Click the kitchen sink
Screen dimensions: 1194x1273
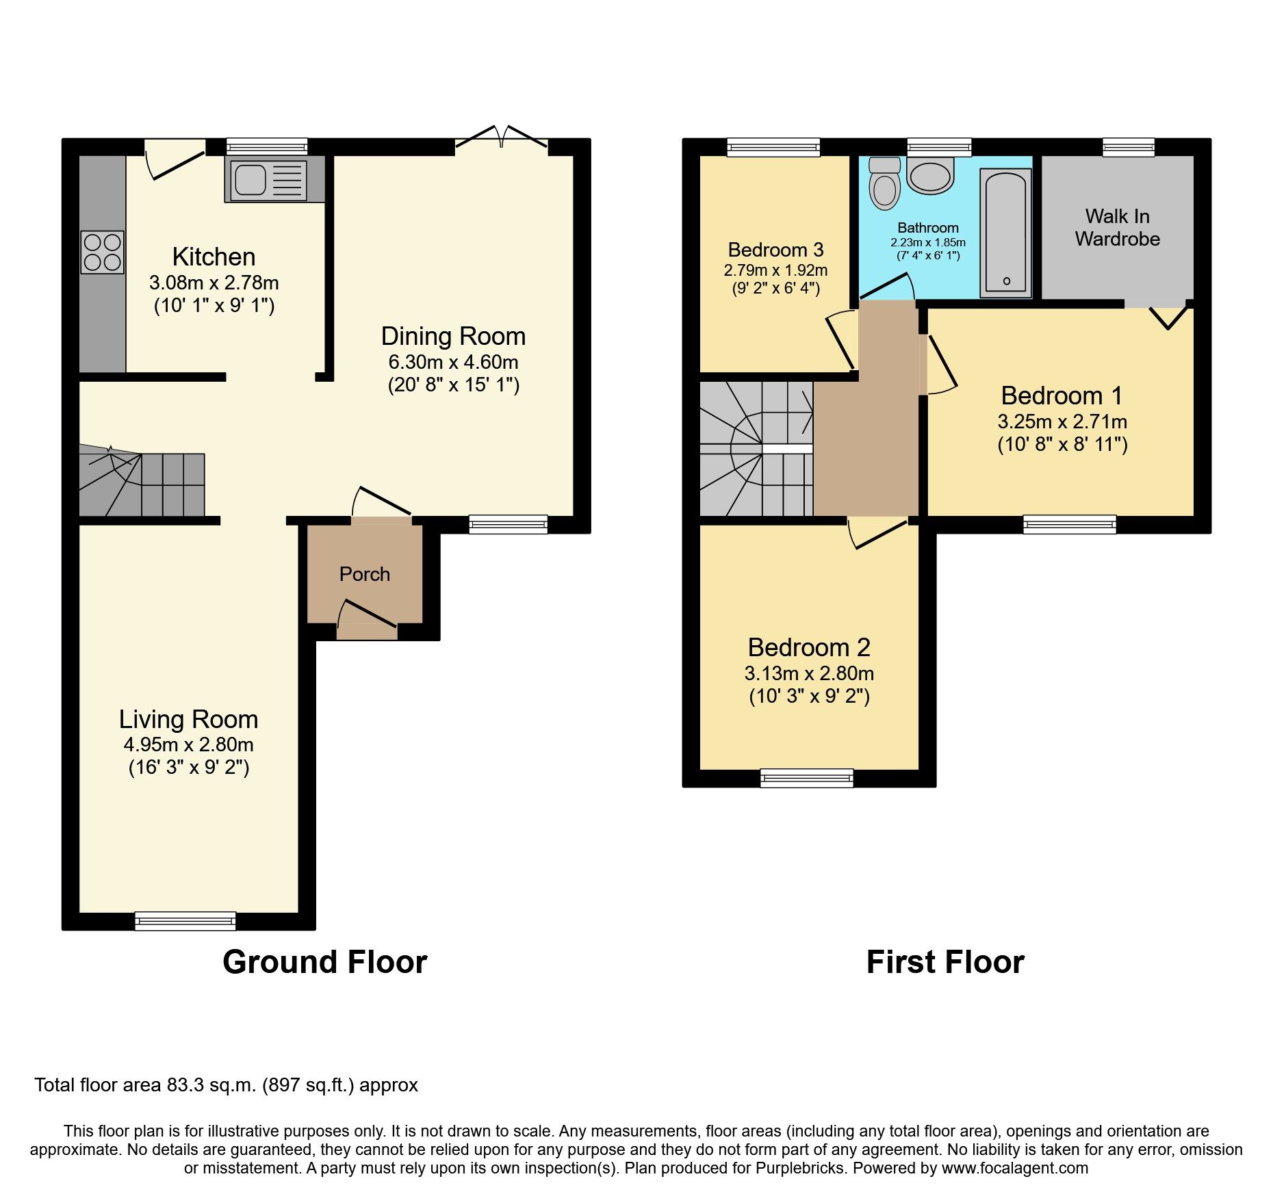click(x=268, y=181)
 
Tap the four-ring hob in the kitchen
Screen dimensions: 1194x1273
click(x=103, y=252)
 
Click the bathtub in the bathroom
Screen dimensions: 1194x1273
click(x=1005, y=233)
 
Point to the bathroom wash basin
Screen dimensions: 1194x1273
click(x=930, y=175)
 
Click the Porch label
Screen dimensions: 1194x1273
click(x=364, y=574)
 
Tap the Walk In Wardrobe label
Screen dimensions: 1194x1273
click(x=1117, y=227)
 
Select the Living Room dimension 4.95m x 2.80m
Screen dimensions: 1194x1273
click(x=188, y=744)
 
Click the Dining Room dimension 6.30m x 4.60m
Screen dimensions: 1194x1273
click(x=453, y=362)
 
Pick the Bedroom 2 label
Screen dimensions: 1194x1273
click(x=808, y=647)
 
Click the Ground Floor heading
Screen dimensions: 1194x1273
click(x=324, y=962)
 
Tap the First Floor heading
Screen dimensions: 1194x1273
click(x=944, y=962)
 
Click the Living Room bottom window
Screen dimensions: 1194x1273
click(x=185, y=921)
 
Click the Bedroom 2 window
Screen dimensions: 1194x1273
click(x=807, y=778)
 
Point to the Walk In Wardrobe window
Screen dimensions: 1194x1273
click(x=1129, y=147)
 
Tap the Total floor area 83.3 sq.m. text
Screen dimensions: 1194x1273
click(x=226, y=1085)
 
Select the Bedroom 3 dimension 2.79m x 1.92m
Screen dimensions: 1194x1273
click(x=775, y=270)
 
